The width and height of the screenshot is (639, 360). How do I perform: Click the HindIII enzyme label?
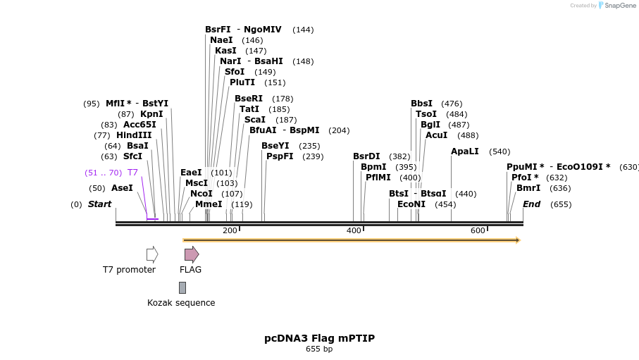tap(134, 135)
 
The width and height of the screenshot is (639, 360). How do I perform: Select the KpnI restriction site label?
tap(151, 114)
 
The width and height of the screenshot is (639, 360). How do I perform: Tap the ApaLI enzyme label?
tap(465, 151)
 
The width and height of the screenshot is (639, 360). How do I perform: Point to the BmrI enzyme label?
tap(528, 188)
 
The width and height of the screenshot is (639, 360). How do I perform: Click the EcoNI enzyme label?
tap(411, 204)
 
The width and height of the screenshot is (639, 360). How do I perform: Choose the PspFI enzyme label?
tap(280, 156)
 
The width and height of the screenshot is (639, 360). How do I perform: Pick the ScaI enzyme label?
tap(255, 120)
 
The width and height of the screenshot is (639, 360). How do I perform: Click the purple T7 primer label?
tap(132, 173)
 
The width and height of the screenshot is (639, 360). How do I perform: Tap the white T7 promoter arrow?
tap(152, 254)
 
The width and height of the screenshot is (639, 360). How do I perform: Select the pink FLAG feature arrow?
tap(192, 254)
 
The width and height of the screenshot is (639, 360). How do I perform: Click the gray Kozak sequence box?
tap(182, 287)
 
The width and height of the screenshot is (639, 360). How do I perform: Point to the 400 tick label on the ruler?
tap(354, 231)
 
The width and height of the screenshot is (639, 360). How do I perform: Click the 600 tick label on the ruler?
tap(478, 231)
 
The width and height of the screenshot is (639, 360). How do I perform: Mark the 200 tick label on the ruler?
tap(230, 231)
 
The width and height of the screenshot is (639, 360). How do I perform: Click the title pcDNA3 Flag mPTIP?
tap(319, 338)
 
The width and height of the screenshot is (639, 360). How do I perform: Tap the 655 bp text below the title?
tap(319, 349)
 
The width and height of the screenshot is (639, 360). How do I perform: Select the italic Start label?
tap(99, 204)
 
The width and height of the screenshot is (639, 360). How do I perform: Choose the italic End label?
tap(532, 204)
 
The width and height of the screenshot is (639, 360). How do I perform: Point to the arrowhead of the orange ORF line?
tap(518, 240)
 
